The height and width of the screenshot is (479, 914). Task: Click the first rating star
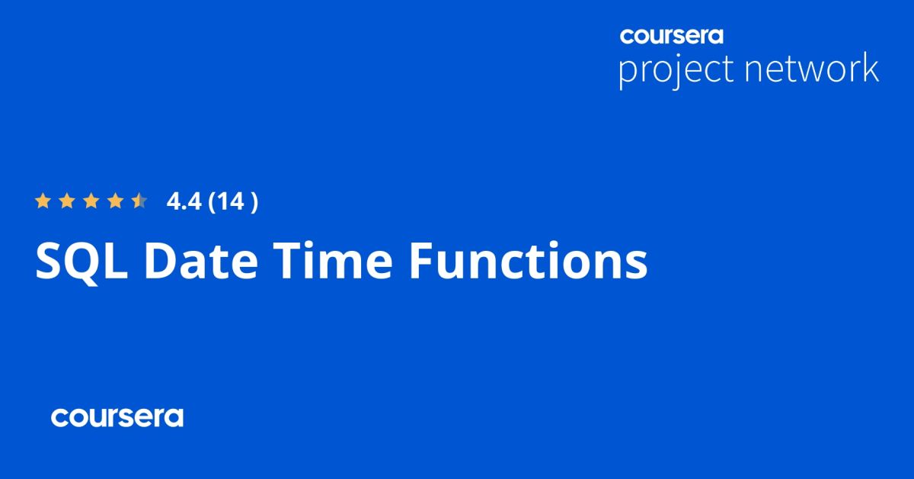(43, 201)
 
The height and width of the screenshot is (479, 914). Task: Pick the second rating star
(67, 201)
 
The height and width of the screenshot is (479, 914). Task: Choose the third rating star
(91, 201)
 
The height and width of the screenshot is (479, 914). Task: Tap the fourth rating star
(115, 201)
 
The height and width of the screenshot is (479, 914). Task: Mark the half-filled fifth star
(139, 201)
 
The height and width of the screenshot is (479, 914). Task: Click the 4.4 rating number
(183, 202)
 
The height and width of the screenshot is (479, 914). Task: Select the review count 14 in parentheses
(233, 202)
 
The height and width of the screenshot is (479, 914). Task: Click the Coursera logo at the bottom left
(117, 417)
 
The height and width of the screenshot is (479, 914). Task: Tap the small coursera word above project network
(671, 35)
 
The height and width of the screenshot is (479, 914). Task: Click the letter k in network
(870, 68)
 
